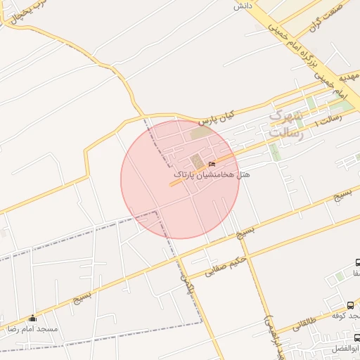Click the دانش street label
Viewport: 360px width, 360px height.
243,6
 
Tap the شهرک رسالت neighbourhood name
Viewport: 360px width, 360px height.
286,124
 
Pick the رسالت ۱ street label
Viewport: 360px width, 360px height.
328,120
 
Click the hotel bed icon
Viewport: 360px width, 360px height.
212,165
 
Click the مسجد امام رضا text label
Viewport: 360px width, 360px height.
32,328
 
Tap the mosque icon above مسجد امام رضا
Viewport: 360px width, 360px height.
32,318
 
